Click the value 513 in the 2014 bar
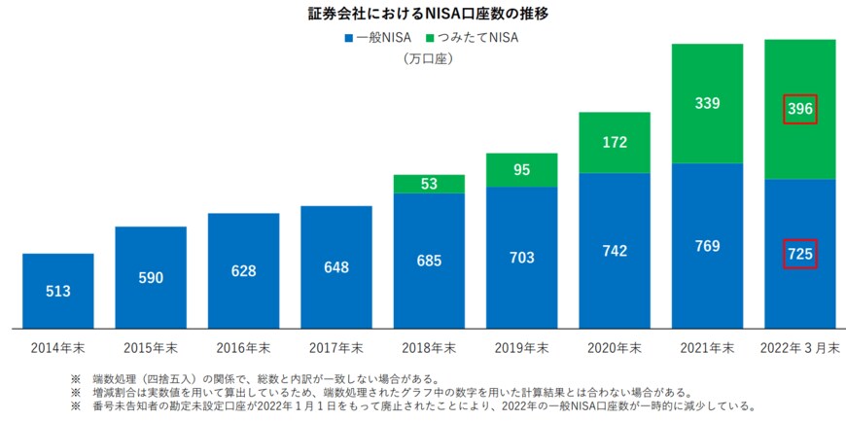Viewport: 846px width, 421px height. click(58, 291)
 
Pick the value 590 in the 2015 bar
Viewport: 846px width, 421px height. click(151, 278)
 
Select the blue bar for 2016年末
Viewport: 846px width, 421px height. click(243, 269)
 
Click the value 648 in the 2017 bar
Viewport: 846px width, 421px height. click(336, 266)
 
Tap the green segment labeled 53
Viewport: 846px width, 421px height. click(429, 184)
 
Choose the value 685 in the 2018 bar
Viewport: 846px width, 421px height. click(429, 261)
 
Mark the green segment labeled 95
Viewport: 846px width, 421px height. click(522, 170)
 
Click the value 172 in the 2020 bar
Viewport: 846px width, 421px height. click(615, 142)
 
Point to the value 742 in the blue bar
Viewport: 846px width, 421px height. click(615, 251)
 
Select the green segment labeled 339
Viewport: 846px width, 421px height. click(707, 102)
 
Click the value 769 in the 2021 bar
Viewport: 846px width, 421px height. click(707, 246)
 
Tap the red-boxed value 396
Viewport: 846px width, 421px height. click(800, 109)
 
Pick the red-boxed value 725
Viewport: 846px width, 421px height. click(800, 254)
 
